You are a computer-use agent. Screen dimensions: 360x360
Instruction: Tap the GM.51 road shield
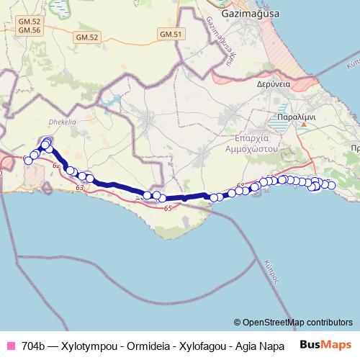[x=170, y=34]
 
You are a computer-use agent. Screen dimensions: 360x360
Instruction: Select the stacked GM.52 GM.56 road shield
[x=30, y=26]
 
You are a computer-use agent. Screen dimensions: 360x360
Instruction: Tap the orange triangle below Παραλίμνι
[x=304, y=124]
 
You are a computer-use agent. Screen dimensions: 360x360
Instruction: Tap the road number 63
[x=79, y=187]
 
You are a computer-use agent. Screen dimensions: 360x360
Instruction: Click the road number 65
[x=168, y=208]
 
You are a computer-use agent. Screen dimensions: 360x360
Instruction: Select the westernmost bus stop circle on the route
[x=29, y=160]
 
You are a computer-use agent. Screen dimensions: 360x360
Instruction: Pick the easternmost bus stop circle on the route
[x=332, y=185]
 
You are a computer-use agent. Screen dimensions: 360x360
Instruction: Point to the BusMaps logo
[x=326, y=344]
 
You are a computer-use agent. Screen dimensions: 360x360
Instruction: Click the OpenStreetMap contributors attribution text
[x=297, y=323]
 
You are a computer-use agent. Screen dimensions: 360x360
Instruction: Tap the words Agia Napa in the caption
[x=261, y=345]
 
